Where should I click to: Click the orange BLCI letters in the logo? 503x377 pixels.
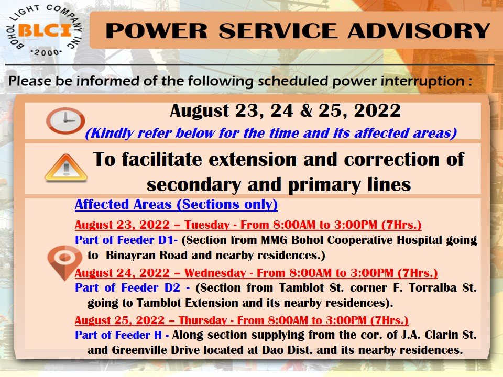(45, 31)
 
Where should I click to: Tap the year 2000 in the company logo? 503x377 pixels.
(46, 52)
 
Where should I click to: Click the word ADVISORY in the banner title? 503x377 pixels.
(419, 31)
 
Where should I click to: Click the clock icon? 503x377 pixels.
(65, 120)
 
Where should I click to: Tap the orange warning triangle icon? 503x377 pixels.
(66, 168)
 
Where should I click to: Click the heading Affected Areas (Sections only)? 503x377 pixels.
(176, 205)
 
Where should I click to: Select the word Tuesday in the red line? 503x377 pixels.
(207, 225)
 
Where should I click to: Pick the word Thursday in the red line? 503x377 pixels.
(203, 320)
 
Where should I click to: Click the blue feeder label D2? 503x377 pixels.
(172, 287)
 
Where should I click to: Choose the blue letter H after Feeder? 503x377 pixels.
(158, 335)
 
